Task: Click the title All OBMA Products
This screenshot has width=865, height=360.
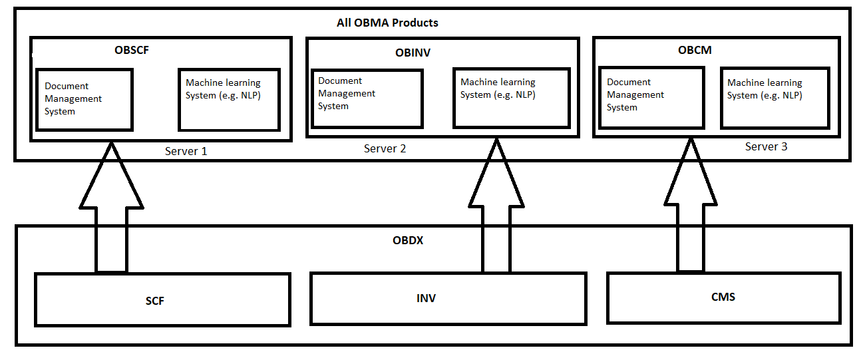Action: click(387, 23)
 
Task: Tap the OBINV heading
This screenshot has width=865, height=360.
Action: click(413, 53)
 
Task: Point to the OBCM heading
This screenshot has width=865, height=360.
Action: click(695, 51)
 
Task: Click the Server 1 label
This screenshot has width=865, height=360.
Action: click(186, 151)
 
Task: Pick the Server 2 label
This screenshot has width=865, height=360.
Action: click(385, 148)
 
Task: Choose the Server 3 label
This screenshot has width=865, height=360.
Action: click(766, 146)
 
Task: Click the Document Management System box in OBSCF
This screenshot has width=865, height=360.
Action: click(85, 99)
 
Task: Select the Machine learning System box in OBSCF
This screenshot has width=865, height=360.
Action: click(228, 99)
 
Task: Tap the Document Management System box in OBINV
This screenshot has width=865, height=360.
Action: click(367, 98)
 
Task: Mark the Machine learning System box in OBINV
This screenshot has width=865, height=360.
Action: click(511, 98)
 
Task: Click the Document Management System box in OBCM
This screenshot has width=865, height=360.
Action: click(651, 98)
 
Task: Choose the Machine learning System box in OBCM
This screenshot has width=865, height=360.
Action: click(775, 98)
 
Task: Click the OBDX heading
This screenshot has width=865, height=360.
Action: click(408, 240)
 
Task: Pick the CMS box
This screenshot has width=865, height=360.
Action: click(723, 297)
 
